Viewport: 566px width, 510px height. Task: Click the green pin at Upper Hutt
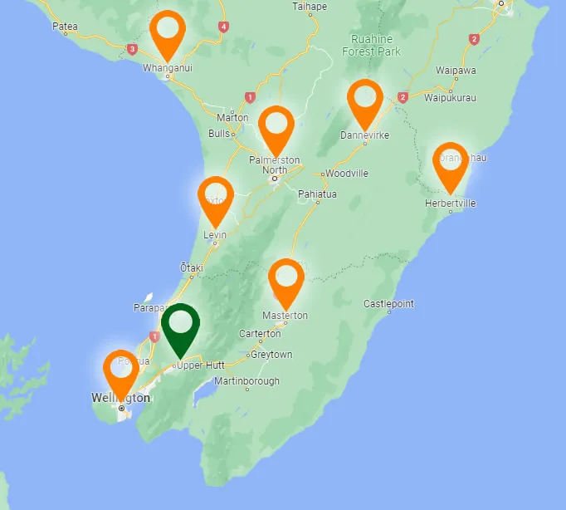[180, 326]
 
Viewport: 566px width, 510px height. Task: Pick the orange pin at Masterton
[286, 280]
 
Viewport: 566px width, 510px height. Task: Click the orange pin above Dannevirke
[364, 101]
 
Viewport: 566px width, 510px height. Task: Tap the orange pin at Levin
[216, 198]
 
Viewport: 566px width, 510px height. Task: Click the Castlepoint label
[388, 304]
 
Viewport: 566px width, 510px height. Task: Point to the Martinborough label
[246, 381]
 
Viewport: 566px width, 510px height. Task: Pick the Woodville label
[347, 174]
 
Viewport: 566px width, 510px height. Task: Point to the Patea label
[65, 27]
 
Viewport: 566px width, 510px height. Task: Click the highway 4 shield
[223, 27]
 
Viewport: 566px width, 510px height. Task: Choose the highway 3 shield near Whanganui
[132, 49]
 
